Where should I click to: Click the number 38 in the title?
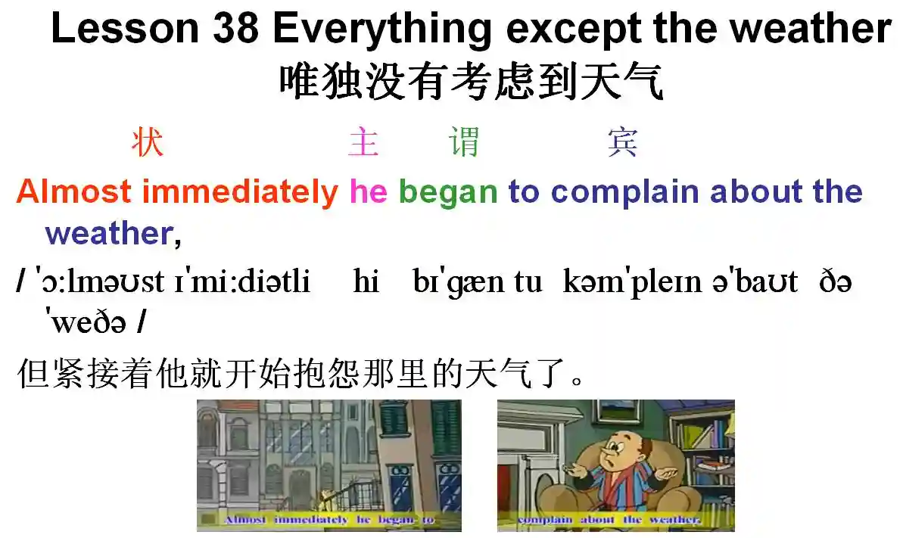pos(236,28)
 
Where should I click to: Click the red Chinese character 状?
pos(148,141)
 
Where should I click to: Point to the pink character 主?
pos(363,141)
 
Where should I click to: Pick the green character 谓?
pos(464,141)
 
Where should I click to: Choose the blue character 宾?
pos(622,141)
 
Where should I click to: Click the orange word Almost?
pos(73,191)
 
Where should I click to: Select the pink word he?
pos(369,191)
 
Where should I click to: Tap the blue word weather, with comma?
pos(114,234)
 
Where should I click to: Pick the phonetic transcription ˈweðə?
pos(86,322)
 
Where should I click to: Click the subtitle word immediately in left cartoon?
pos(311,520)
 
